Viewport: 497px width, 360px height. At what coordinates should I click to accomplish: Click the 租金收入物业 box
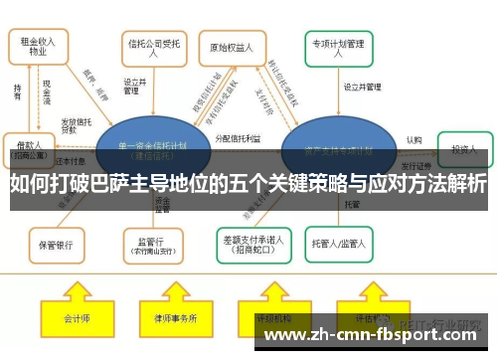(x=41, y=47)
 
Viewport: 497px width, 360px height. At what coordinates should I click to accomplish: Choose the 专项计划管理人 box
(x=339, y=47)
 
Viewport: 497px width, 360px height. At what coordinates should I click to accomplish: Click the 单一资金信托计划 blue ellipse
(x=148, y=149)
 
